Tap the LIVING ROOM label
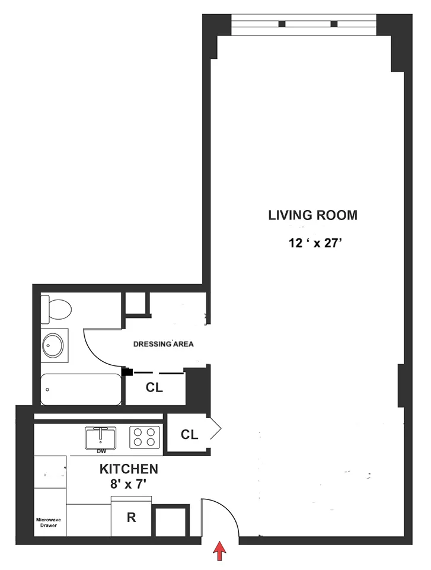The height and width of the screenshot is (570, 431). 312,215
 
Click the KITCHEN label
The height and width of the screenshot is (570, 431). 128,469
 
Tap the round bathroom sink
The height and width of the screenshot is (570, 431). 55,345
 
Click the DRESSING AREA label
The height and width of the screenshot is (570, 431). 162,343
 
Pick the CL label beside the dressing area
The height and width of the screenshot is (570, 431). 154,387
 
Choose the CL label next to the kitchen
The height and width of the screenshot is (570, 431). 189,435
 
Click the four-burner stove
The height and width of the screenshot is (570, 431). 143,437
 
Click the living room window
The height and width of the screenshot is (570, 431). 304,24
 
